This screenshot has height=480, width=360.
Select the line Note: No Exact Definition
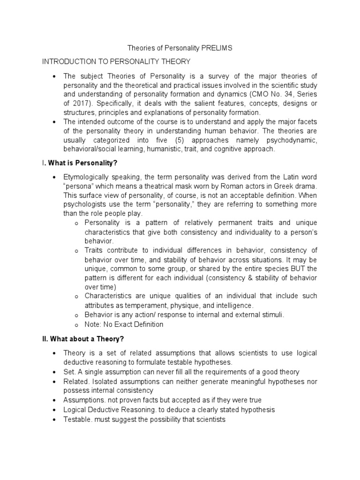click(x=124, y=324)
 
